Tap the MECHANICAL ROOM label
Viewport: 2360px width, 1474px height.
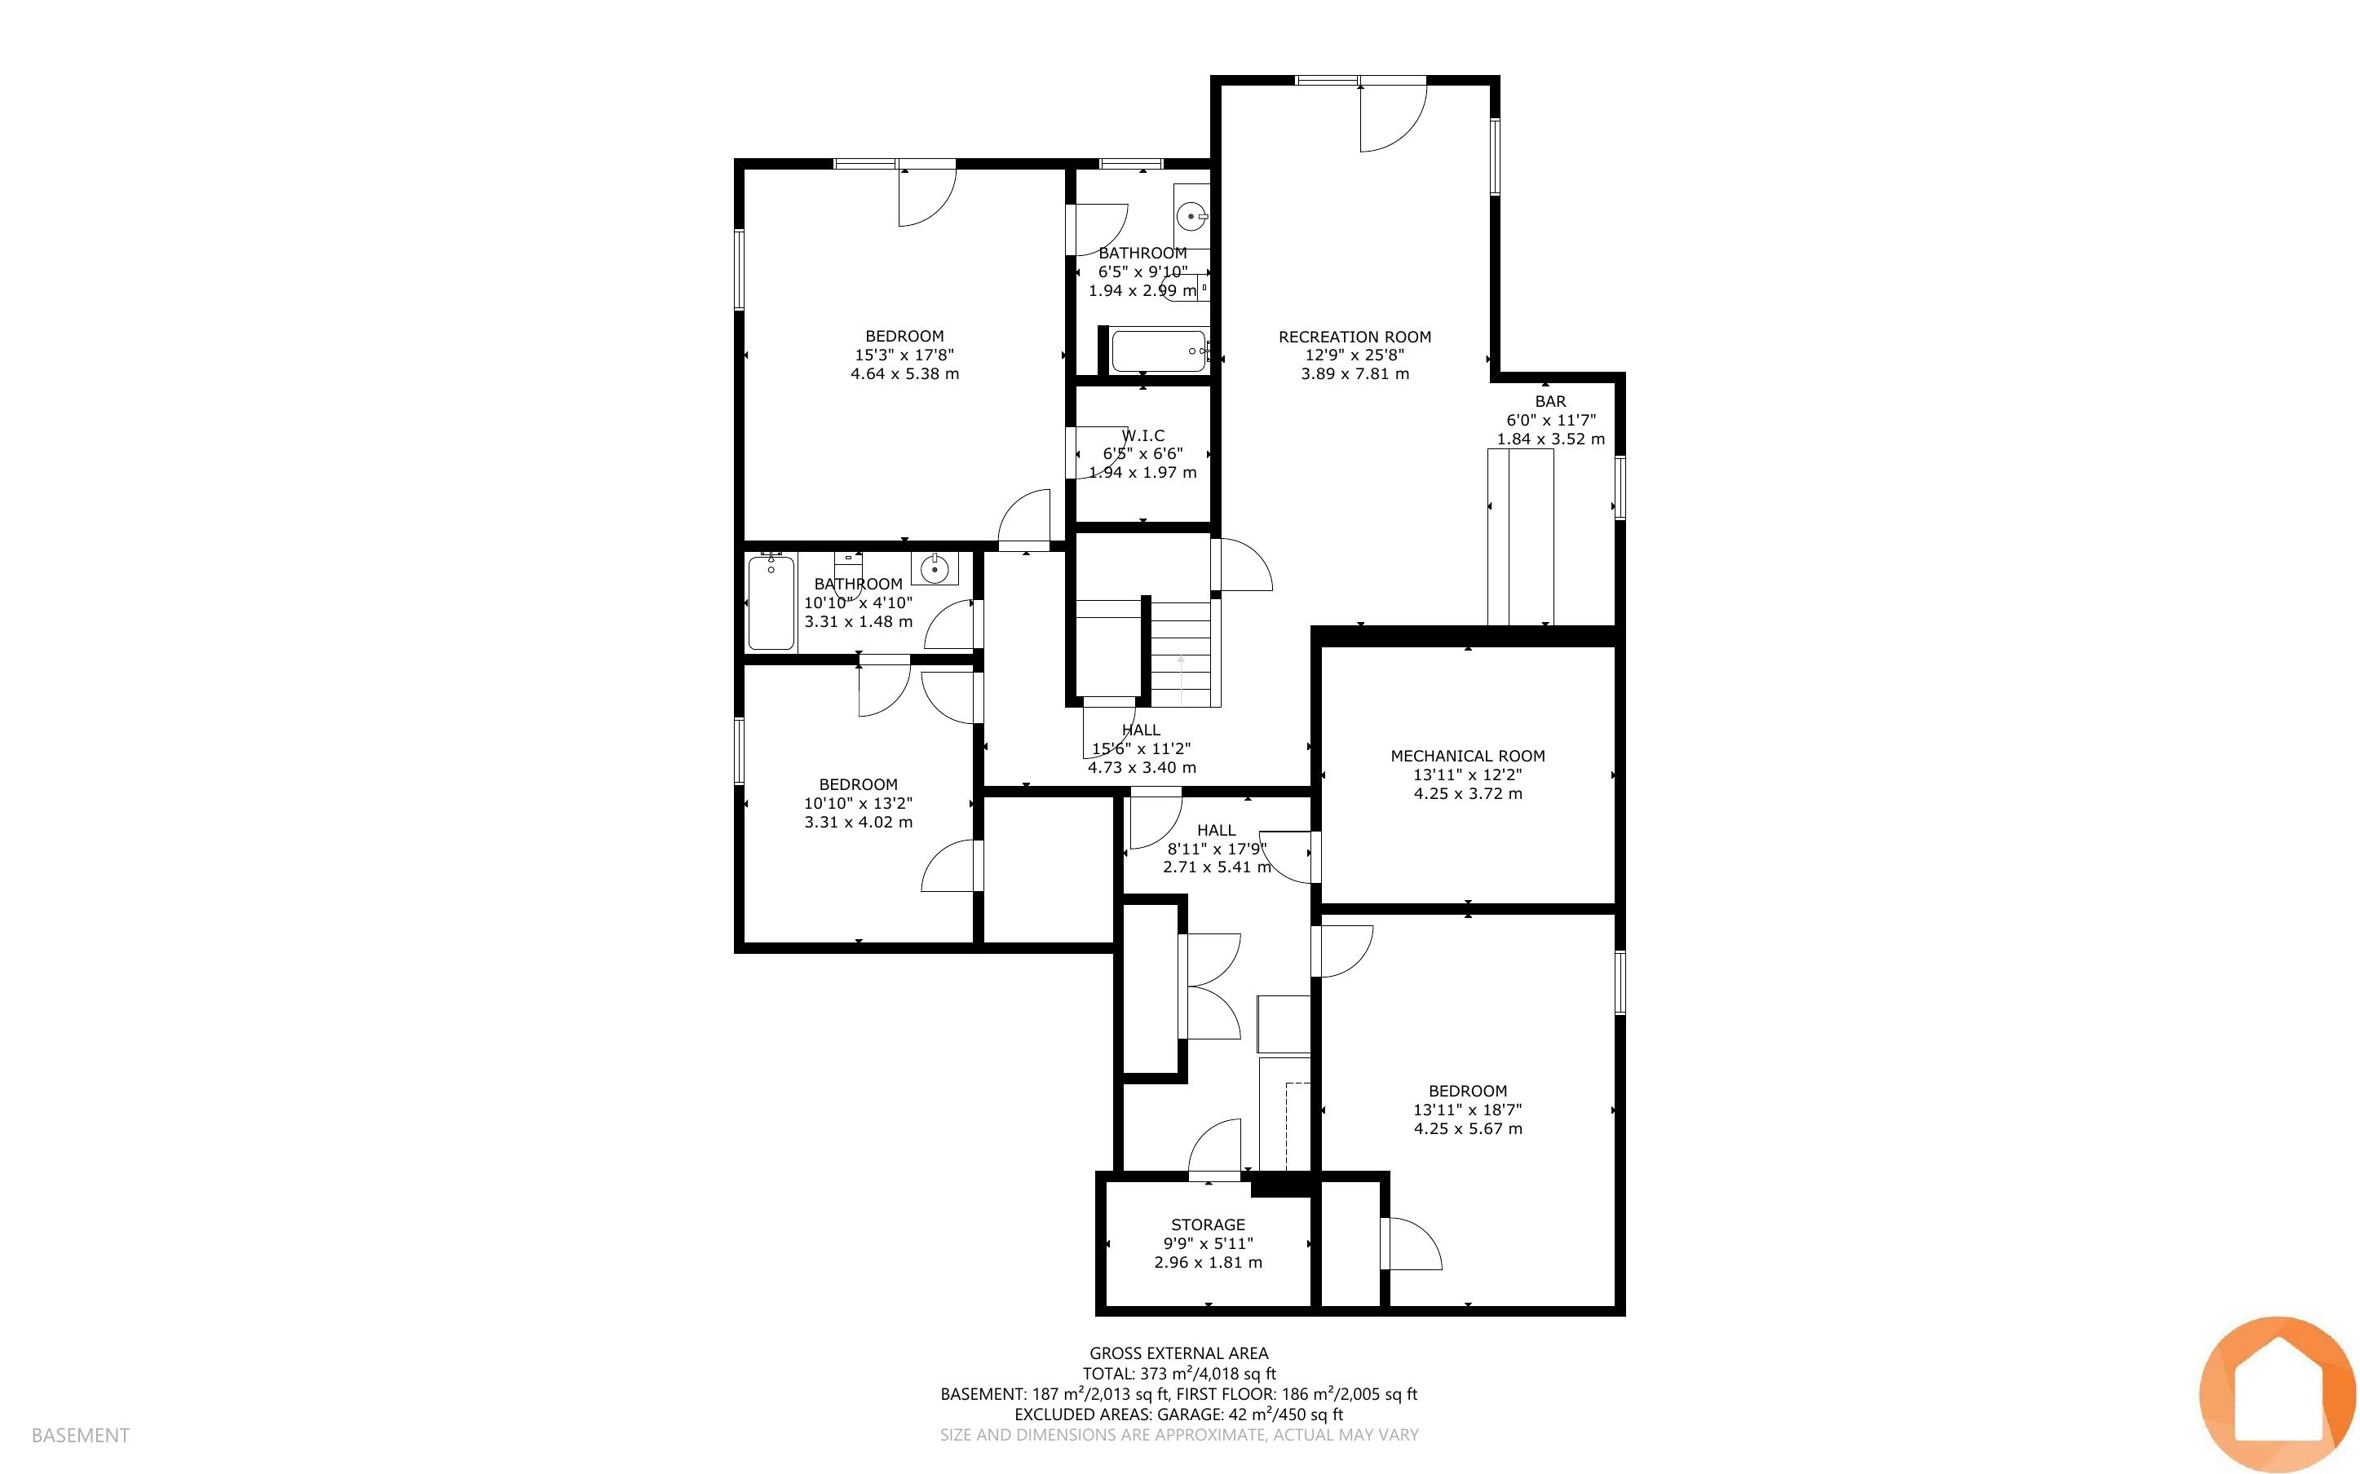[1467, 756]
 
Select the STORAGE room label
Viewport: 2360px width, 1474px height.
[1208, 1225]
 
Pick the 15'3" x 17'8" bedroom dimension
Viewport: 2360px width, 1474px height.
[904, 355]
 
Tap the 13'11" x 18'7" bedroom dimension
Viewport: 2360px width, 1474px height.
[1467, 1110]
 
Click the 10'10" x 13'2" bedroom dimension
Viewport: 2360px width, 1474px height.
[858, 803]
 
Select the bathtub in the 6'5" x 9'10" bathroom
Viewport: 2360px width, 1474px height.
[1160, 351]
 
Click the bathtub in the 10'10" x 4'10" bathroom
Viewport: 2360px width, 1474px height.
[771, 602]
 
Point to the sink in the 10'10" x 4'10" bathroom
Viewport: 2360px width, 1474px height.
[934, 567]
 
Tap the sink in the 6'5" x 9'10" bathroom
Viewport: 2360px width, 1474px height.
[1191, 215]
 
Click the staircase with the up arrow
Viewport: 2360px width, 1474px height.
[1181, 653]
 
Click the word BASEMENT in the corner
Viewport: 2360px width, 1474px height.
[80, 1435]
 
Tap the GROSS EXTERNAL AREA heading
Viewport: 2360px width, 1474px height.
[1178, 1353]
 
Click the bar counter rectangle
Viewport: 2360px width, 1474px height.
[1520, 537]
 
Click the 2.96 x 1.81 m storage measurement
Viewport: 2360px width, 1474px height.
[1208, 1263]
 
